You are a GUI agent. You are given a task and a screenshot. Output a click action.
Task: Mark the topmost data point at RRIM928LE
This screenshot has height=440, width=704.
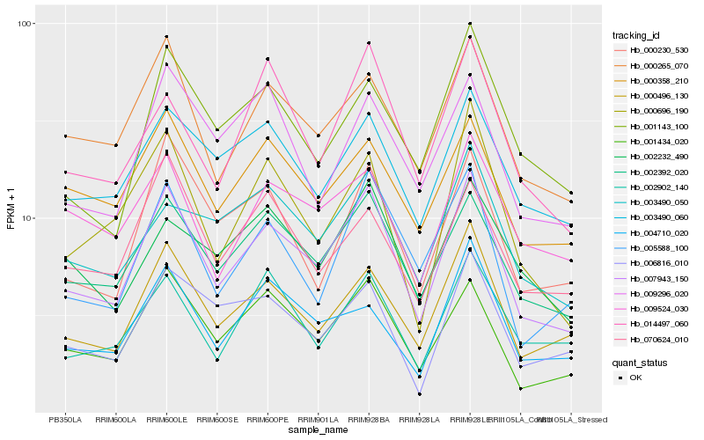coord(470,24)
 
